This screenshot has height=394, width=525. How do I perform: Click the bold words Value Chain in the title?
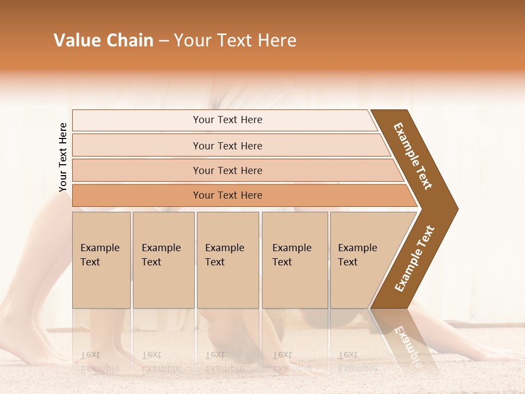click(103, 40)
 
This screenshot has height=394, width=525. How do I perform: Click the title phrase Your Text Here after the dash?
click(235, 40)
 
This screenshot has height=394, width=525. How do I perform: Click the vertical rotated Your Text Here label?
click(63, 158)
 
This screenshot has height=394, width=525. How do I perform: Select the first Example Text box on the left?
click(101, 260)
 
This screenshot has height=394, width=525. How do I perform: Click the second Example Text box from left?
click(163, 260)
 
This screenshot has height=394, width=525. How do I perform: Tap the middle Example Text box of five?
click(227, 260)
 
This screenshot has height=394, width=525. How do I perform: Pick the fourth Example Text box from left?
click(294, 260)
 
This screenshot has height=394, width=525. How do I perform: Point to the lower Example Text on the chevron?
click(415, 259)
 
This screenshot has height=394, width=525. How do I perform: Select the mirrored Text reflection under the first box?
click(90, 355)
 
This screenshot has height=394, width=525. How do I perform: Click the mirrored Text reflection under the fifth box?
click(348, 355)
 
